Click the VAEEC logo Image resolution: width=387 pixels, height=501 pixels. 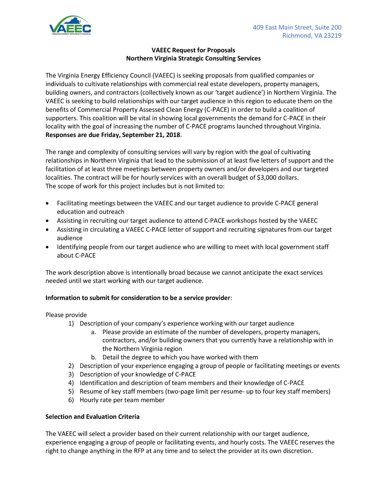[x=70, y=26]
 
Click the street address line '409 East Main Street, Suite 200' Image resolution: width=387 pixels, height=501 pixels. [x=297, y=27]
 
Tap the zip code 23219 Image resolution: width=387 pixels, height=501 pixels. [x=333, y=36]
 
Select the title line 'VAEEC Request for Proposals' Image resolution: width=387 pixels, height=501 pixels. [x=193, y=50]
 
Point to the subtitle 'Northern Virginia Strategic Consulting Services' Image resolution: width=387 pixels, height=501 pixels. [x=193, y=58]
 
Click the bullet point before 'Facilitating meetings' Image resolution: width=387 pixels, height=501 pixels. [x=48, y=204]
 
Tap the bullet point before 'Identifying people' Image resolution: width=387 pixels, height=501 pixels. [x=48, y=247]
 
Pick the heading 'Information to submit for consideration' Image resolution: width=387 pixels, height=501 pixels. [x=138, y=298]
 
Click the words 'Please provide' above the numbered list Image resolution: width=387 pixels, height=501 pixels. [x=66, y=315]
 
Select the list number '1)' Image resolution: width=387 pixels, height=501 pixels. [x=71, y=323]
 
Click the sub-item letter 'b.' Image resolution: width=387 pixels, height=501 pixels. [x=94, y=357]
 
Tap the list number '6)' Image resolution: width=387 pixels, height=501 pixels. [x=71, y=400]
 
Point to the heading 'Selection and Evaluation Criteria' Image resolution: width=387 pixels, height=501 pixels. [x=92, y=417]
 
